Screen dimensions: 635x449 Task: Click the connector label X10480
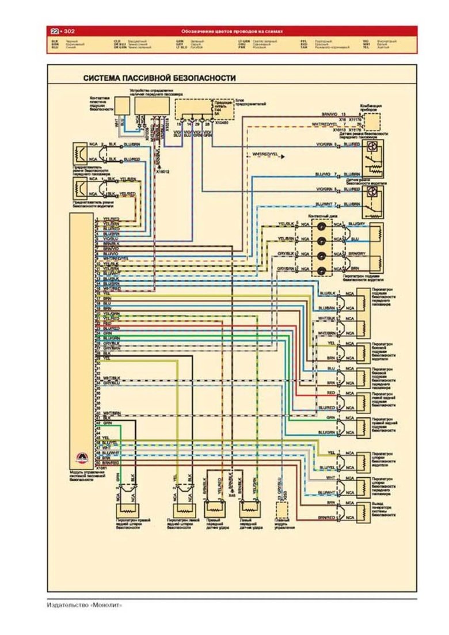click(x=221, y=123)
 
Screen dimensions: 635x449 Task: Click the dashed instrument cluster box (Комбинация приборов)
click(x=372, y=122)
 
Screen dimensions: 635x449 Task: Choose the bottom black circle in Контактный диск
click(x=323, y=269)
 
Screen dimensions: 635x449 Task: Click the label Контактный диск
click(x=321, y=215)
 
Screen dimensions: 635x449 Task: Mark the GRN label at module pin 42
click(x=107, y=423)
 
